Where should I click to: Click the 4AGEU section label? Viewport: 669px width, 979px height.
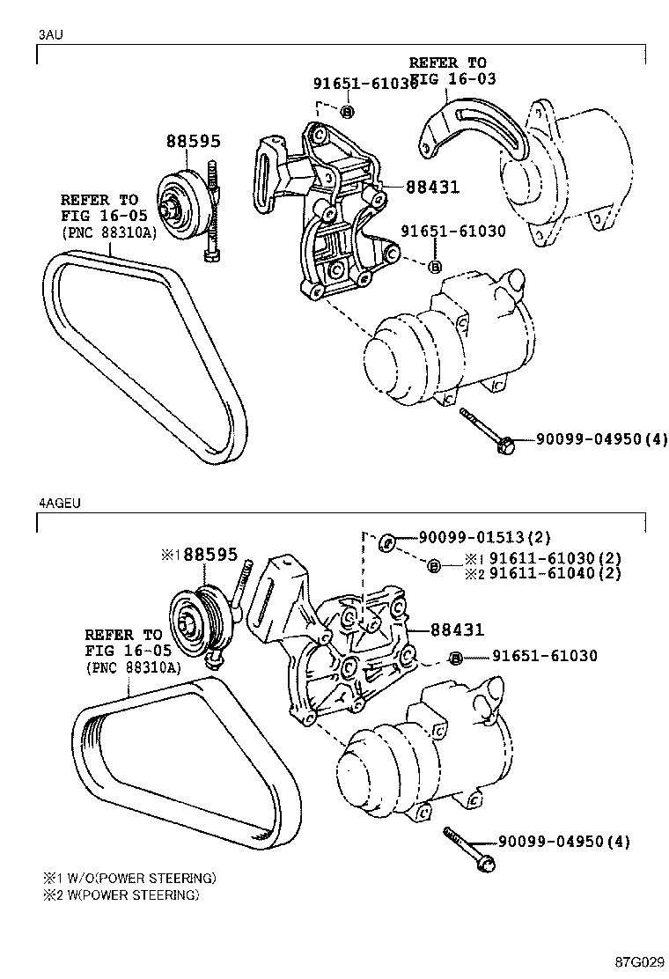[x=57, y=504]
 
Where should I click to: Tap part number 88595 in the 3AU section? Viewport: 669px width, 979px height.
[x=194, y=141]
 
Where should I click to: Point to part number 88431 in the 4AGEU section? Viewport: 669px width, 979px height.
[x=457, y=630]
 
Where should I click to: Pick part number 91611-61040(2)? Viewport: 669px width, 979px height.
[x=555, y=573]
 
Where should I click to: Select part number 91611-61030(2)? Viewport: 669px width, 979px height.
[x=555, y=558]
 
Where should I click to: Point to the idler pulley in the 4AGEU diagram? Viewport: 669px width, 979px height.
[x=196, y=622]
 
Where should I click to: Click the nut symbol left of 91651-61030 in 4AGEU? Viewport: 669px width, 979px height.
[x=455, y=657]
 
